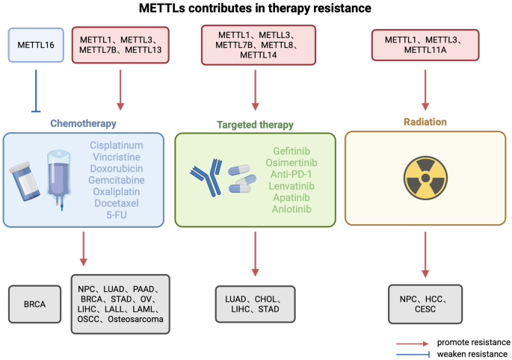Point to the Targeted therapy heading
254,125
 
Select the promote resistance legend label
469,341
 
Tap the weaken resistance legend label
469,353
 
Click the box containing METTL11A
425,44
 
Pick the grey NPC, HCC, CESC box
425,302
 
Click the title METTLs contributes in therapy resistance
256,10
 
